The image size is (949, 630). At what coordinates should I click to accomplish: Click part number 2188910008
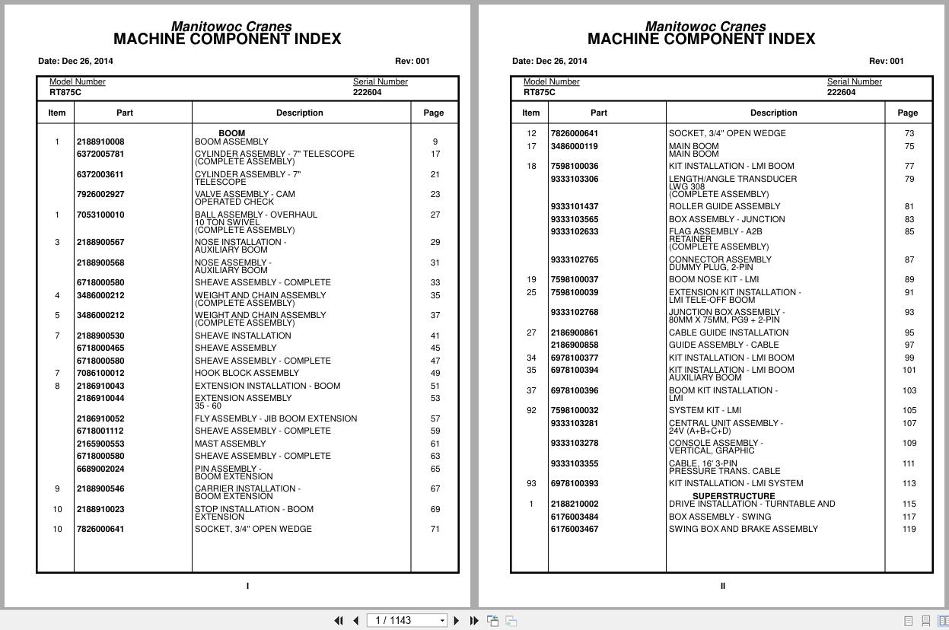(100, 142)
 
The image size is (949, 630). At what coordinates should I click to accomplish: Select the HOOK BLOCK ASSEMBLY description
(247, 373)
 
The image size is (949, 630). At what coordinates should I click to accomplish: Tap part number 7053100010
(100, 215)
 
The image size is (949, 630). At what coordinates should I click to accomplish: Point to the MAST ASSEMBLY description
(230, 444)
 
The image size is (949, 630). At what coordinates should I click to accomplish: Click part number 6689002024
(100, 469)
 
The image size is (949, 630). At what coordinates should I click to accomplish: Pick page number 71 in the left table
(435, 529)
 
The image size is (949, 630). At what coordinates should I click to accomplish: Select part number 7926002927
(100, 194)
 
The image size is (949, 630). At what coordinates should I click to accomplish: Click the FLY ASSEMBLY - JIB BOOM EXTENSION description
(275, 418)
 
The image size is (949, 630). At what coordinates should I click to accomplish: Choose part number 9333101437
(575, 206)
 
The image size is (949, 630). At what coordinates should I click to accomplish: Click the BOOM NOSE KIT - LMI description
(713, 279)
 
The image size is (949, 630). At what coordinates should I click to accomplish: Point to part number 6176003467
(575, 529)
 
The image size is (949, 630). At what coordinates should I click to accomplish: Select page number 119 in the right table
(909, 529)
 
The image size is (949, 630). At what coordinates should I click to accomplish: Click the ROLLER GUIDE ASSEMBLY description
(724, 206)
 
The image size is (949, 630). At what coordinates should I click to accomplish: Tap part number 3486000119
(575, 146)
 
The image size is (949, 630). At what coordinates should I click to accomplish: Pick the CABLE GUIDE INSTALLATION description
(728, 332)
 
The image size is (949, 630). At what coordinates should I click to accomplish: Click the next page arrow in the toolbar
(457, 621)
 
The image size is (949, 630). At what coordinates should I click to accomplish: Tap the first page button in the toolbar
(339, 621)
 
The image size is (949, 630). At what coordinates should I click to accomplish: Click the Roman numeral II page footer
(722, 586)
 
